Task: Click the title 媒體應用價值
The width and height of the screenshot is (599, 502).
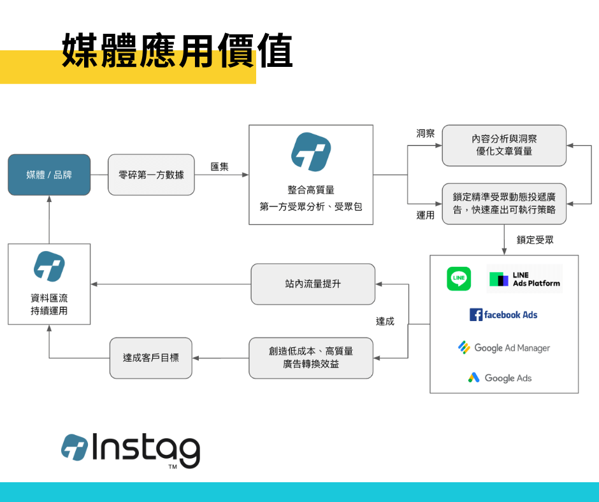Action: pos(177,51)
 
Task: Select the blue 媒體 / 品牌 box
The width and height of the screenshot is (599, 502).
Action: pos(49,175)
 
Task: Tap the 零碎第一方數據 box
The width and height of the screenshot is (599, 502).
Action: pos(151,175)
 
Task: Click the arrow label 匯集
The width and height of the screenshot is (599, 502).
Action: pos(220,167)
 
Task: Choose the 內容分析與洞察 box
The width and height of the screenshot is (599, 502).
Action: pos(503,145)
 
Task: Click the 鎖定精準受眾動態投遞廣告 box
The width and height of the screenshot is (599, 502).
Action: pos(503,203)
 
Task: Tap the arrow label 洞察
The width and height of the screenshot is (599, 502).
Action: pos(425,134)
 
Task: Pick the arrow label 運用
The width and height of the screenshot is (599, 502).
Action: pos(425,215)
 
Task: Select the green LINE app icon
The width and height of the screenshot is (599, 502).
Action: pos(459,278)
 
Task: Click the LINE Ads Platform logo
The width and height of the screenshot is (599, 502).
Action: pos(524,279)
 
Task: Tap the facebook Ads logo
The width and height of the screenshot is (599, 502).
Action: pos(503,315)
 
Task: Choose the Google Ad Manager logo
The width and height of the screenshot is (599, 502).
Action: pos(503,348)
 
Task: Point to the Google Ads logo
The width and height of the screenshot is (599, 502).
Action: pos(500,378)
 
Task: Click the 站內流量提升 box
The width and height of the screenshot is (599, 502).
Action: pos(313,284)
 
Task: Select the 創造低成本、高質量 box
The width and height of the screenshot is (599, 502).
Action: pos(311,358)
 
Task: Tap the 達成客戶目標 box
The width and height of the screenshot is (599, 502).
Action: pos(151,358)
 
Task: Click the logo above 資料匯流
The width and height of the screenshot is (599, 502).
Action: pos(49,266)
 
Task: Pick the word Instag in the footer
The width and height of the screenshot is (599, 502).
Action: pos(146,449)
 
